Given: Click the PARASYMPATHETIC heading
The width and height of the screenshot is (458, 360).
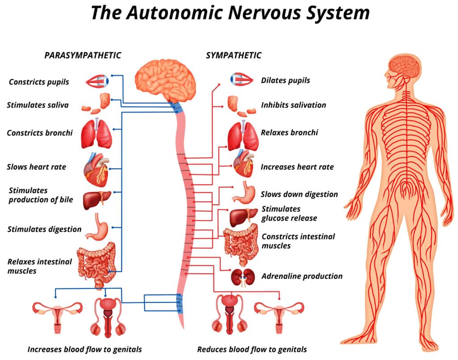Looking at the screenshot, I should click(x=83, y=55).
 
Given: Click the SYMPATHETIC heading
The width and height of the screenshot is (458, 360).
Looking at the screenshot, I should click(x=233, y=55).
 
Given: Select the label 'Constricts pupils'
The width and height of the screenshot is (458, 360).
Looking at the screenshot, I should click(x=39, y=82).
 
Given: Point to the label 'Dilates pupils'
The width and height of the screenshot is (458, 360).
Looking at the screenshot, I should click(x=285, y=80).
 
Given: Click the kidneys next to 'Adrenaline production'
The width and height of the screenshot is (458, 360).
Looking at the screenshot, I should click(x=243, y=277).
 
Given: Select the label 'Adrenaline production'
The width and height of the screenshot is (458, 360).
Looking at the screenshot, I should click(x=302, y=276).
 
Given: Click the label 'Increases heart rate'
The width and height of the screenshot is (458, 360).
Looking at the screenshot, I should click(x=297, y=167).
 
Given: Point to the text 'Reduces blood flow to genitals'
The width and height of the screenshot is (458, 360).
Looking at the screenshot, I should click(x=252, y=349).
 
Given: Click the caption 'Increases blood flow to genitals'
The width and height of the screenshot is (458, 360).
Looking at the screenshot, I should click(x=85, y=349).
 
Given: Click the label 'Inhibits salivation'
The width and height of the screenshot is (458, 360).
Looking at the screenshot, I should click(x=293, y=105).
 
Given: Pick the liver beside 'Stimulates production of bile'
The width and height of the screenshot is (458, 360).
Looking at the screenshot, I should click(x=97, y=199).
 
